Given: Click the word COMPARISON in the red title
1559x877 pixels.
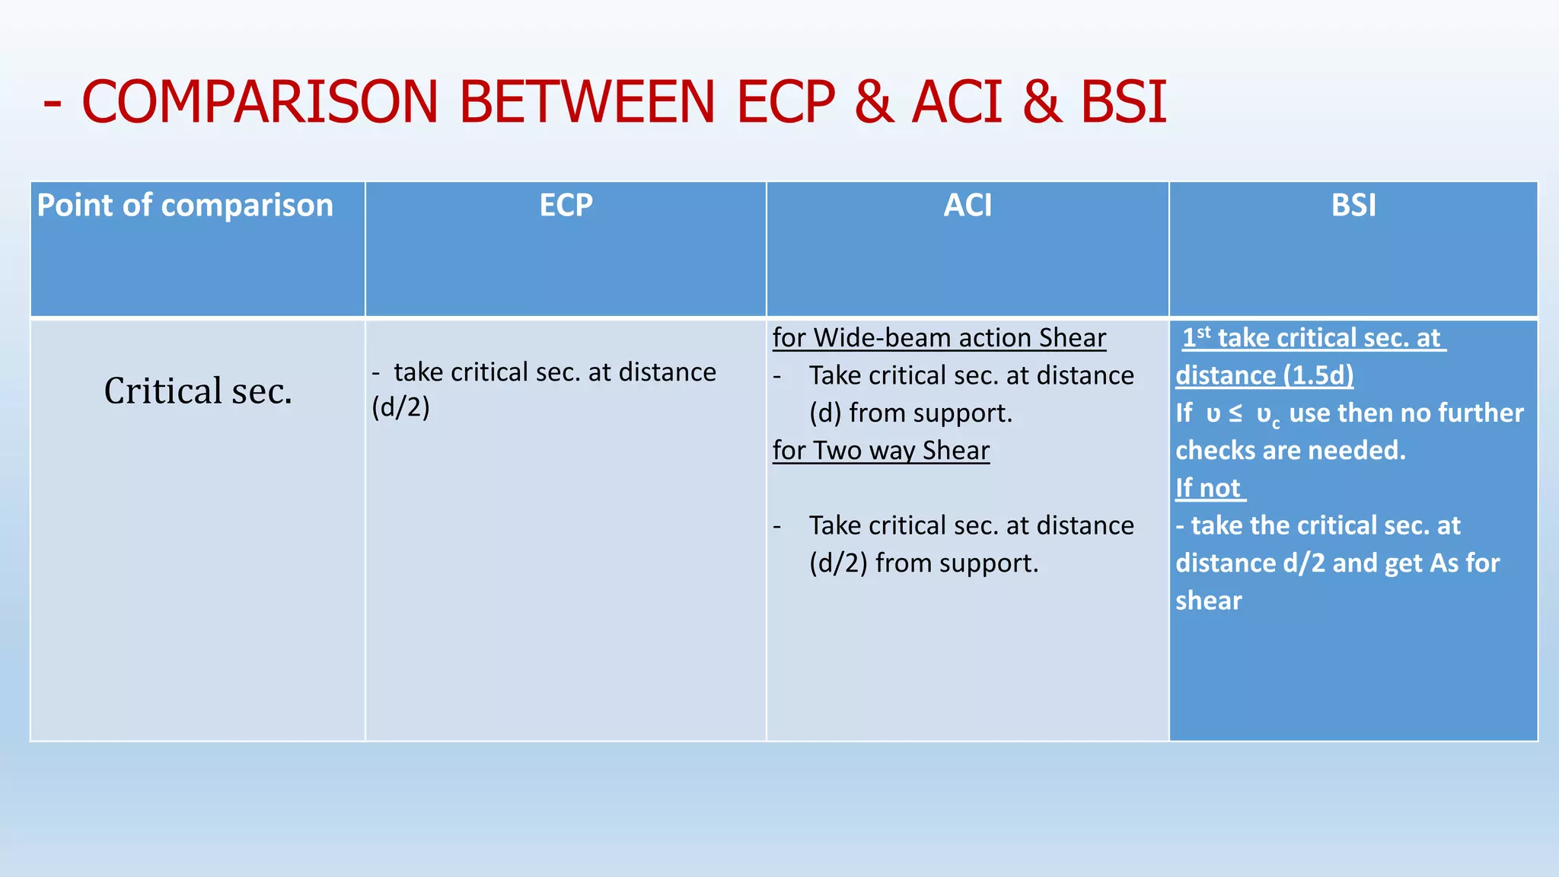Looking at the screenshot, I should tap(260, 102).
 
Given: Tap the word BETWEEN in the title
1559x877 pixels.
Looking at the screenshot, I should tap(587, 102).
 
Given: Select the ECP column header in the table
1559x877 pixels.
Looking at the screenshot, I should tap(566, 206).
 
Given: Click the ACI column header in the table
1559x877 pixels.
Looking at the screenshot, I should tap(968, 206).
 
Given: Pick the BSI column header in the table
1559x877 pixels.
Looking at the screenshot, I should tap(1353, 206).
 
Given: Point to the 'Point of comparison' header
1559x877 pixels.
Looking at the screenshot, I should tap(185, 206).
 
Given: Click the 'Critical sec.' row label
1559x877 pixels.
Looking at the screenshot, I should tap(198, 391).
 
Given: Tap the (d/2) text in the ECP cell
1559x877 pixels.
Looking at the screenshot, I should tap(400, 408).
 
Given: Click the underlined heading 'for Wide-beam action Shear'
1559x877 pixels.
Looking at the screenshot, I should tap(939, 338).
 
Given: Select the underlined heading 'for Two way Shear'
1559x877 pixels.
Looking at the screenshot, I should tap(881, 451).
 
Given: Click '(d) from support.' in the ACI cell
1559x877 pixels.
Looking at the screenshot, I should tap(910, 413).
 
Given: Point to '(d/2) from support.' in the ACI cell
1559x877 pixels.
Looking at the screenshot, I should tap(923, 563).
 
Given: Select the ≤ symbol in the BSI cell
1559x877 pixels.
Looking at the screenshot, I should tap(1235, 413).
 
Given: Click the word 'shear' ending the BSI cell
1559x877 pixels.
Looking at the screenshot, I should tap(1208, 601).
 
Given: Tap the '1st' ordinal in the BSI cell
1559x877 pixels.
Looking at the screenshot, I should tap(1196, 336).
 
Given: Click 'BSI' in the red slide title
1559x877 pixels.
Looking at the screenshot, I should tap(1124, 102).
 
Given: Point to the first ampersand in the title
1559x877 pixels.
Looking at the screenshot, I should tap(873, 102).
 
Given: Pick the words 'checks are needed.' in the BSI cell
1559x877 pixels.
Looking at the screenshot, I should tap(1290, 451).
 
